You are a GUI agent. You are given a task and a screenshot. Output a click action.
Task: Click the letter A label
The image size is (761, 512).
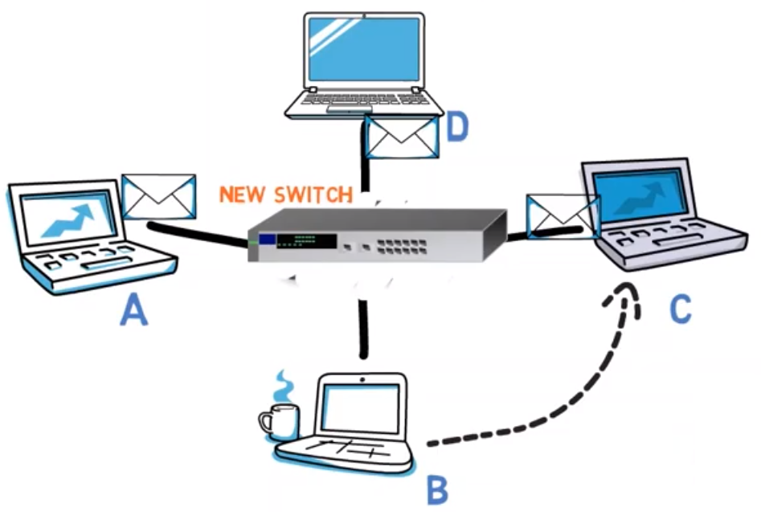coord(134,309)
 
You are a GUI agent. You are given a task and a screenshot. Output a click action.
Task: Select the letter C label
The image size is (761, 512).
coord(681,309)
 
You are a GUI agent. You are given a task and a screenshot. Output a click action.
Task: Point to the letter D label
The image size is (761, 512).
coord(457,129)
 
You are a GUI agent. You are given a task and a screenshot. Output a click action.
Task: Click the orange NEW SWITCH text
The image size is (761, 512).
coord(286,195)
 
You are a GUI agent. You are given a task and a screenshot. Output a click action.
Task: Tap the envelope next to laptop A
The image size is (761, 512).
coord(159,197)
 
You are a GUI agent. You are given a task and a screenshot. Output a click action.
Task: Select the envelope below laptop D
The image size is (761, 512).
coord(402,135)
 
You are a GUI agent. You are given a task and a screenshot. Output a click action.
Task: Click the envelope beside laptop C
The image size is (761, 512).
coord(563,215)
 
